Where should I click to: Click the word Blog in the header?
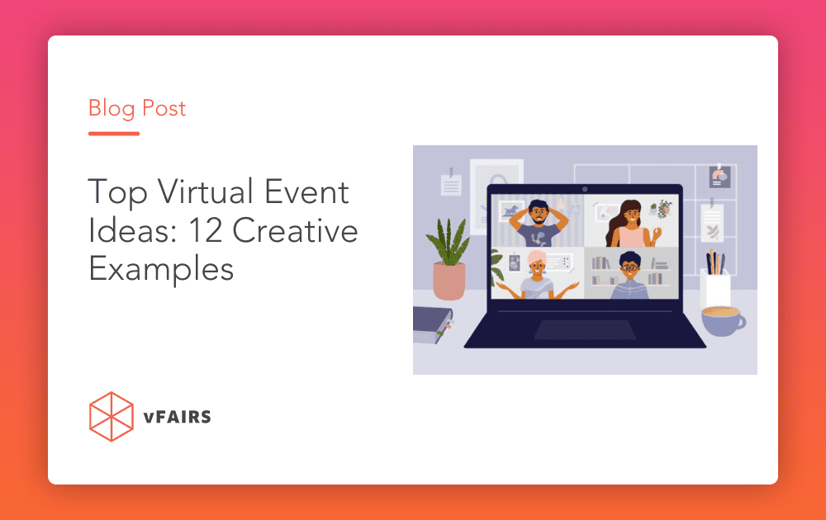[112, 109]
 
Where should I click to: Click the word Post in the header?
[164, 108]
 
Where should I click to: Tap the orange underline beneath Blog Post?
[114, 134]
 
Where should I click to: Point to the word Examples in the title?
[161, 269]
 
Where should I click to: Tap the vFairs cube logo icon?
[112, 416]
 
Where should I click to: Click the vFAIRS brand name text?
[177, 417]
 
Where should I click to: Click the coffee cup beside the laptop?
[723, 320]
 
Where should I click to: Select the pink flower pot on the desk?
[449, 281]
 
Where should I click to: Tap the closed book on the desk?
[433, 324]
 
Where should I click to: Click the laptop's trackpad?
[585, 329]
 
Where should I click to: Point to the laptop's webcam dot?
[585, 189]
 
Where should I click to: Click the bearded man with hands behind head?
[539, 223]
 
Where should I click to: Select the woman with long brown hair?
[630, 224]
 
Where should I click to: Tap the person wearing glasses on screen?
[630, 275]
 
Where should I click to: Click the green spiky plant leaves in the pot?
[449, 241]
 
